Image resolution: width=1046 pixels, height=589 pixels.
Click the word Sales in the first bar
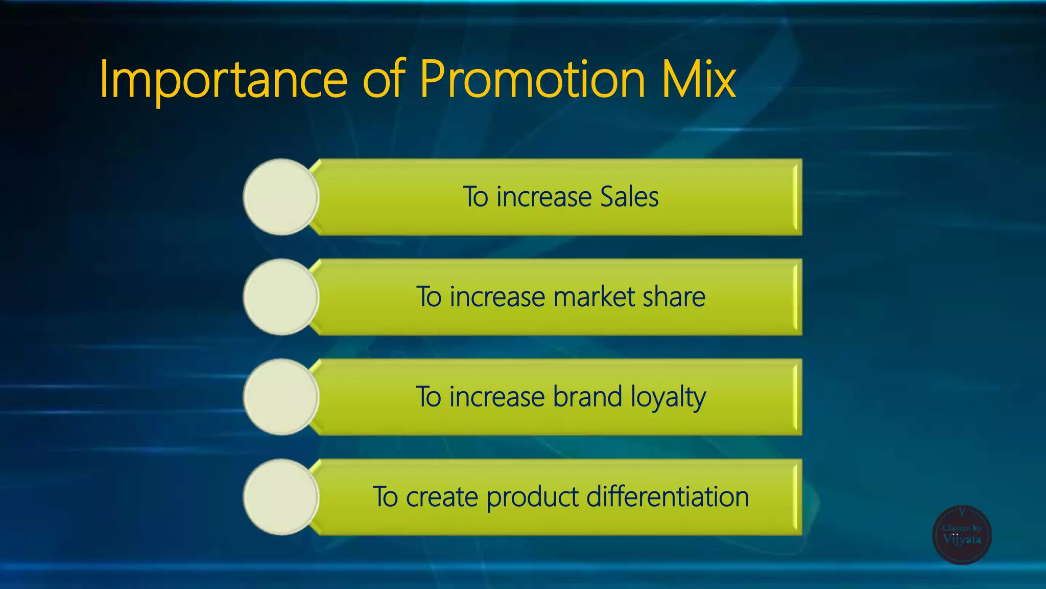pos(629,197)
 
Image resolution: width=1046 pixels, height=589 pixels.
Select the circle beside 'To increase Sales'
pos(280,197)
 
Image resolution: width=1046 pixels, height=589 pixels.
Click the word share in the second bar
pos(674,297)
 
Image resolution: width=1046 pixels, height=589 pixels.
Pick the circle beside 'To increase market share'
pos(280,297)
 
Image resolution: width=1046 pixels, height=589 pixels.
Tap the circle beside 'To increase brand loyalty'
pos(280,397)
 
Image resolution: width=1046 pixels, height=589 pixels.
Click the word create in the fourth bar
pos(442,497)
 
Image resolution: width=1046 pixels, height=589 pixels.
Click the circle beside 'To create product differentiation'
pos(280,497)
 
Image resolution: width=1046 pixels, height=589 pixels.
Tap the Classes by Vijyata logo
pos(962,535)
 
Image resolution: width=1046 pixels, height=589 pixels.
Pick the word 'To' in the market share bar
pos(429,297)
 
